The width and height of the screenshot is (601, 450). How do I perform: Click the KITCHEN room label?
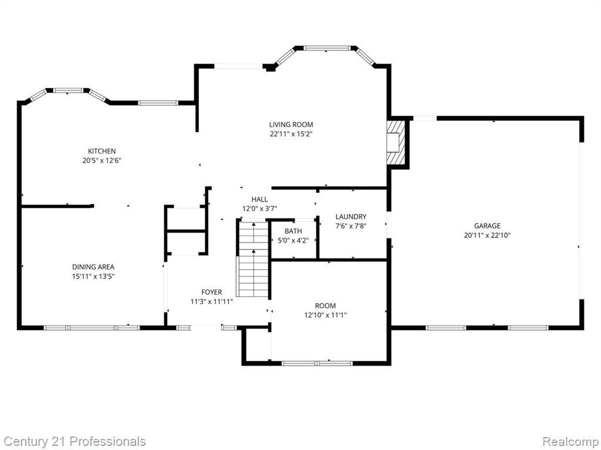(102, 151)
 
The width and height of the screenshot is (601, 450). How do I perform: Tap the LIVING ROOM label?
(291, 124)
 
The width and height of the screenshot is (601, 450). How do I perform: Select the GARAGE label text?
(487, 226)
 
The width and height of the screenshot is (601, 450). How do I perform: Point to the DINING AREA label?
(93, 267)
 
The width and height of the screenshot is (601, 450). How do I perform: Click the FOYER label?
(211, 292)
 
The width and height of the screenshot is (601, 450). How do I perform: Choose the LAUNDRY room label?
(351, 217)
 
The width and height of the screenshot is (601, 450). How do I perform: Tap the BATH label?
(293, 231)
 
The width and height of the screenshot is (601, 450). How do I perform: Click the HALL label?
(259, 199)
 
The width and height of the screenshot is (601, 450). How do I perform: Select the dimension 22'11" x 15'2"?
(291, 134)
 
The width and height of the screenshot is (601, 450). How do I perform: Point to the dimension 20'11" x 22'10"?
(487, 236)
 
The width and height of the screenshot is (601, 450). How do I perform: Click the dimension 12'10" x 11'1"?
(325, 315)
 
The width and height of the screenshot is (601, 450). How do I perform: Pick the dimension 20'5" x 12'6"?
(102, 161)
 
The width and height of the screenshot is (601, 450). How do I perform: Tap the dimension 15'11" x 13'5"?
(93, 277)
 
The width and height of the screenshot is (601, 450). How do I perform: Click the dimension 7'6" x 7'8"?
(351, 226)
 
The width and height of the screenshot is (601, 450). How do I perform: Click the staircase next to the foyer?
(253, 258)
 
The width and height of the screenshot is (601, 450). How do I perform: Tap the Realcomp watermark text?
(570, 442)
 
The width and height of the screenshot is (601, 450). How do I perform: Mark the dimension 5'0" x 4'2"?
(293, 241)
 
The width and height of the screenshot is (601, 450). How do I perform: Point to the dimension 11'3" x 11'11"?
(211, 302)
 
